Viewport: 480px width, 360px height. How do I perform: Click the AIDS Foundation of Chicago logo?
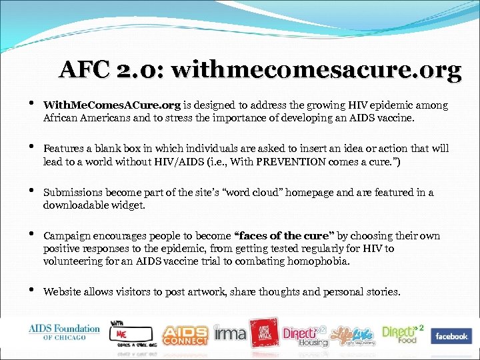(64, 331)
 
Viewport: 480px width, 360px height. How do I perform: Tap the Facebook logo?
(451, 336)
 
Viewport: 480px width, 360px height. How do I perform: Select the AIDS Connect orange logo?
(184, 334)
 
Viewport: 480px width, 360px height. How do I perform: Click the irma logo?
(229, 332)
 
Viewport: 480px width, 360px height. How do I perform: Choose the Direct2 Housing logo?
(305, 335)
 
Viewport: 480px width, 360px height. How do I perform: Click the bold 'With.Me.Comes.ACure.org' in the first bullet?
(111, 105)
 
